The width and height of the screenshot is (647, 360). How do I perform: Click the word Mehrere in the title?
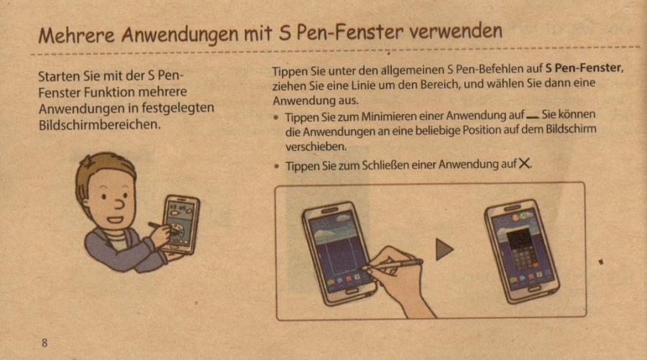tap(76, 34)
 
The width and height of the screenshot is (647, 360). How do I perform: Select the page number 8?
tap(45, 343)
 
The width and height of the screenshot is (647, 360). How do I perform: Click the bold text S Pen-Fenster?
tap(584, 68)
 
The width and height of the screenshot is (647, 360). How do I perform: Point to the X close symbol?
tap(524, 163)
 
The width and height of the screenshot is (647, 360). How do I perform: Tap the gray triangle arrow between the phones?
tap(444, 249)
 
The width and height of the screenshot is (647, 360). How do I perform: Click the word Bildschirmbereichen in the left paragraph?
tap(99, 124)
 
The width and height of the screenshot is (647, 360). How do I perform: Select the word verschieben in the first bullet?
tap(316, 147)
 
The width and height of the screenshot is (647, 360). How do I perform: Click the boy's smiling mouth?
tap(115, 220)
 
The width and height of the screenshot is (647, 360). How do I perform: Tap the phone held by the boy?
tap(180, 225)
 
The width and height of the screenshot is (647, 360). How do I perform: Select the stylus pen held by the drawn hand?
tap(393, 264)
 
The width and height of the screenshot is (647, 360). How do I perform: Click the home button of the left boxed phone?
tap(352, 291)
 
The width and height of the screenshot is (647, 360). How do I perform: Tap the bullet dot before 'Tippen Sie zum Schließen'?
tap(276, 166)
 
